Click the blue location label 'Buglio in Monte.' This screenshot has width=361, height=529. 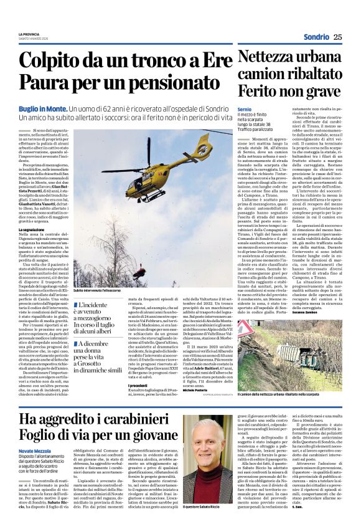pyautogui.click(x=42, y=108)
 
